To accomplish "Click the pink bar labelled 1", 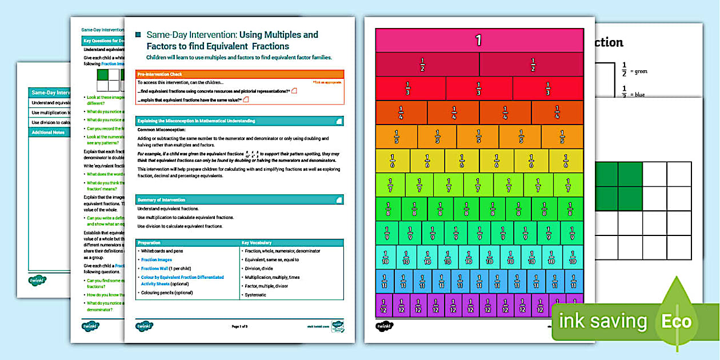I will pos(479,40).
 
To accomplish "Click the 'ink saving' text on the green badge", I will pos(603,321).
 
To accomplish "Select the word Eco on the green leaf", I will pos(677,321).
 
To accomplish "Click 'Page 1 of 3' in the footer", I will pos(239,327).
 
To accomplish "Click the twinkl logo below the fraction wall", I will pos(384,326).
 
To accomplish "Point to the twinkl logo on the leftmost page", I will pos(37,280).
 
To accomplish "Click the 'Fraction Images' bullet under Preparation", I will pos(157,259).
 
